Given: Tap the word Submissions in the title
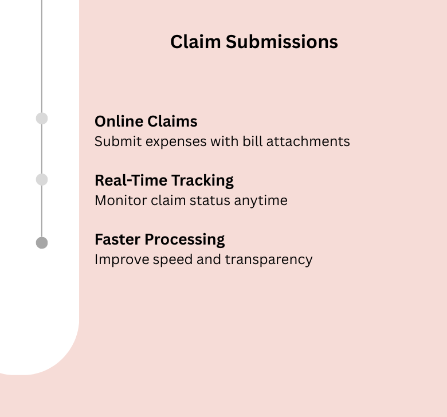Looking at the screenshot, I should [x=281, y=42].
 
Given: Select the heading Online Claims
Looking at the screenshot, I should [x=146, y=121].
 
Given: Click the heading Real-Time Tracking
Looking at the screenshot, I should [x=164, y=180].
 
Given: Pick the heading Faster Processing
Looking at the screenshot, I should [x=159, y=239].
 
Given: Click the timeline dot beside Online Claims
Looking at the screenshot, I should [x=42, y=119].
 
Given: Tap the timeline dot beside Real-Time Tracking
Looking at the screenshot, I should [x=42, y=180].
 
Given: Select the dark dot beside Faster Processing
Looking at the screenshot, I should [x=42, y=243].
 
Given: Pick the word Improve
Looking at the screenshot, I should [x=116, y=259].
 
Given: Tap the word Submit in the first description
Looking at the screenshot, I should [x=112, y=141].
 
